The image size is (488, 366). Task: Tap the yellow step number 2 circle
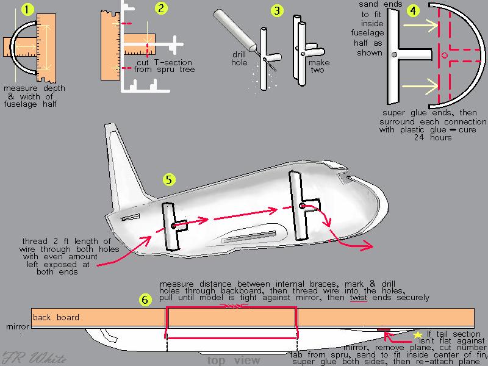pos(161,8)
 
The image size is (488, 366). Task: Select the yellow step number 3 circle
pos(278,10)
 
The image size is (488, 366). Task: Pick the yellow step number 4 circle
pos(414,10)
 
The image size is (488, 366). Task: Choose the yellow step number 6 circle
pos(145,300)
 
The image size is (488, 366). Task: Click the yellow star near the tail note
pos(418,335)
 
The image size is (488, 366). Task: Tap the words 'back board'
pos(56,317)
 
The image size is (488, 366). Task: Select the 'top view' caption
pos(234,361)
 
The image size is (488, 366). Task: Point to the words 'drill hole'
pos(239,58)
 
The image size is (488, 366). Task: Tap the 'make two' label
pos(318,66)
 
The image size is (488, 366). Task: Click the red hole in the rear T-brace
pos(174,226)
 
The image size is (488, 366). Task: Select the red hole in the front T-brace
pos(302,206)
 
